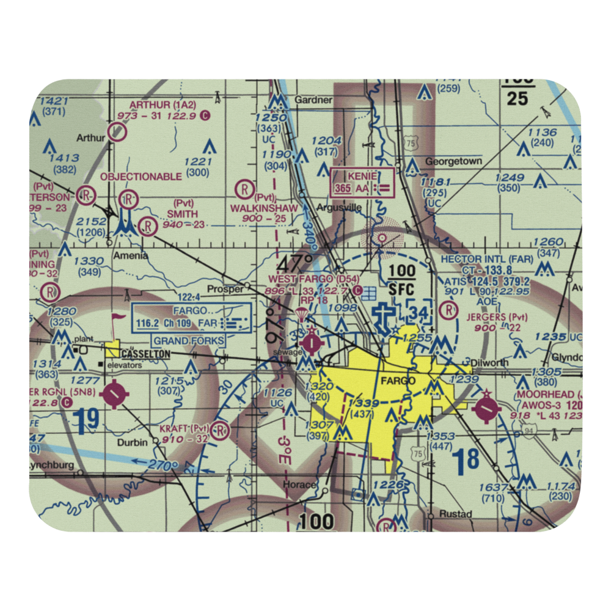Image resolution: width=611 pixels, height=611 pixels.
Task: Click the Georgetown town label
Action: coord(453,161)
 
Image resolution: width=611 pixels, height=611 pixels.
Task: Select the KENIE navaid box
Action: coord(362,183)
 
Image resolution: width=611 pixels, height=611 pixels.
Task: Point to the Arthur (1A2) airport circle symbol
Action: coord(117,131)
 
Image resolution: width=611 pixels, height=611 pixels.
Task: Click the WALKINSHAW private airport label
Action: coord(264,208)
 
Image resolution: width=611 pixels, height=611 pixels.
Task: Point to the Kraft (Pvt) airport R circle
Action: coord(221,432)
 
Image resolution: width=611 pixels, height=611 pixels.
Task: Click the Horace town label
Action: coord(299,485)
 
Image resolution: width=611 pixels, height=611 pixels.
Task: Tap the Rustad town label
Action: coord(455,514)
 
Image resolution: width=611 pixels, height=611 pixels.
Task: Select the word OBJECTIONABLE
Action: coord(141,177)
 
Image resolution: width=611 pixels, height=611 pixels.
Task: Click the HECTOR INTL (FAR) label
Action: coord(487,259)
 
